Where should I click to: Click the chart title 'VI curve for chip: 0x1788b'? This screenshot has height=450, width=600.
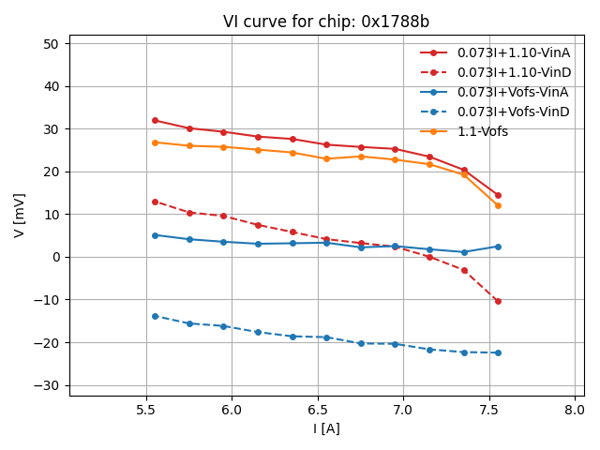point(325,22)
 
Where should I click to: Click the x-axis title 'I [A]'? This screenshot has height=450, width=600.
point(325,428)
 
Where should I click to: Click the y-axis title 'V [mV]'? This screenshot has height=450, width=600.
point(20,215)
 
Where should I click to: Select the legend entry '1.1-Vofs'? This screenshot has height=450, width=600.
point(482,132)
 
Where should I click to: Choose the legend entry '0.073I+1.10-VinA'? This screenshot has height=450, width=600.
point(514,52)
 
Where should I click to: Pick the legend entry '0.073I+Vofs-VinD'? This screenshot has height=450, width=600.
point(514,112)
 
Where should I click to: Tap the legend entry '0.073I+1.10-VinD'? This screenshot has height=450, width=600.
point(514,72)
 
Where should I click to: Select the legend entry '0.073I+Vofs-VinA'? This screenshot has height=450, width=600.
point(514,92)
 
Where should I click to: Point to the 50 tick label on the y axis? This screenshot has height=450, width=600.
point(50,44)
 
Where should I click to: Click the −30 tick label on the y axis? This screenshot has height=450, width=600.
point(46,385)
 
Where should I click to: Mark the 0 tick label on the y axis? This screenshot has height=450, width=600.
point(54,257)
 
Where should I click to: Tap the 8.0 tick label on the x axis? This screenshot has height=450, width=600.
point(576,410)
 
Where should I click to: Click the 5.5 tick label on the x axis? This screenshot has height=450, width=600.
point(146,410)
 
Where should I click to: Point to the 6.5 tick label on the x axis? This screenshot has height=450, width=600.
point(318,410)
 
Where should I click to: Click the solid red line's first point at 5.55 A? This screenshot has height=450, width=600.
point(155,120)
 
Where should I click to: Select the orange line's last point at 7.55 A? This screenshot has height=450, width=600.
point(498,205)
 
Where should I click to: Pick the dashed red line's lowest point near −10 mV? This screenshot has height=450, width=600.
point(498,301)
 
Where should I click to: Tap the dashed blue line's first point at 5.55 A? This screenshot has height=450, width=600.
point(155,316)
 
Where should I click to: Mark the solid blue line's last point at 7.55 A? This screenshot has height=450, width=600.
point(498,247)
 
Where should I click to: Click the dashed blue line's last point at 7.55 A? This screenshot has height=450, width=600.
point(498,352)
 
